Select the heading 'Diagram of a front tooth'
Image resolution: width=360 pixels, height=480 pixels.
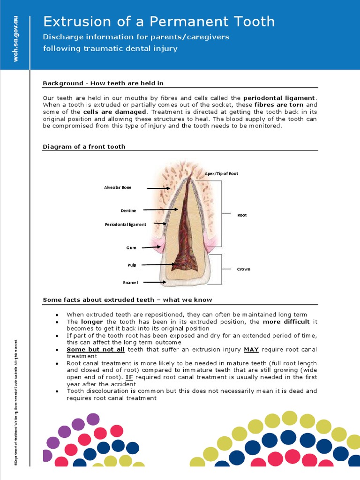coord(84,147)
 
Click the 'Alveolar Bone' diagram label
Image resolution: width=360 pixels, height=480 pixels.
coord(118,187)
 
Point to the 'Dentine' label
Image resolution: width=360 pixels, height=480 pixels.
coord(128,210)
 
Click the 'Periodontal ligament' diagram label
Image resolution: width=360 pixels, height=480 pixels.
coord(125,225)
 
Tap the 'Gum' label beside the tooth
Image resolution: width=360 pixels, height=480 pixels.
coord(131,247)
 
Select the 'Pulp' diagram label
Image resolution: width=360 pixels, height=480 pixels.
coord(132,265)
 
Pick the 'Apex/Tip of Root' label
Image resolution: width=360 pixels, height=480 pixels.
coord(221,173)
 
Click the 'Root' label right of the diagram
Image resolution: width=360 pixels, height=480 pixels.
coord(242,215)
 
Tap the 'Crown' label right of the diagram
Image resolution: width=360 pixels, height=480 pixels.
coord(243,269)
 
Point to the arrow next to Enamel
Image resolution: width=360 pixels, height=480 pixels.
coord(154,282)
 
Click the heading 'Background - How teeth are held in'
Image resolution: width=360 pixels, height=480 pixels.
coord(103,83)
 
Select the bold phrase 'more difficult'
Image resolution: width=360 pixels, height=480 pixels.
coord(286,322)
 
